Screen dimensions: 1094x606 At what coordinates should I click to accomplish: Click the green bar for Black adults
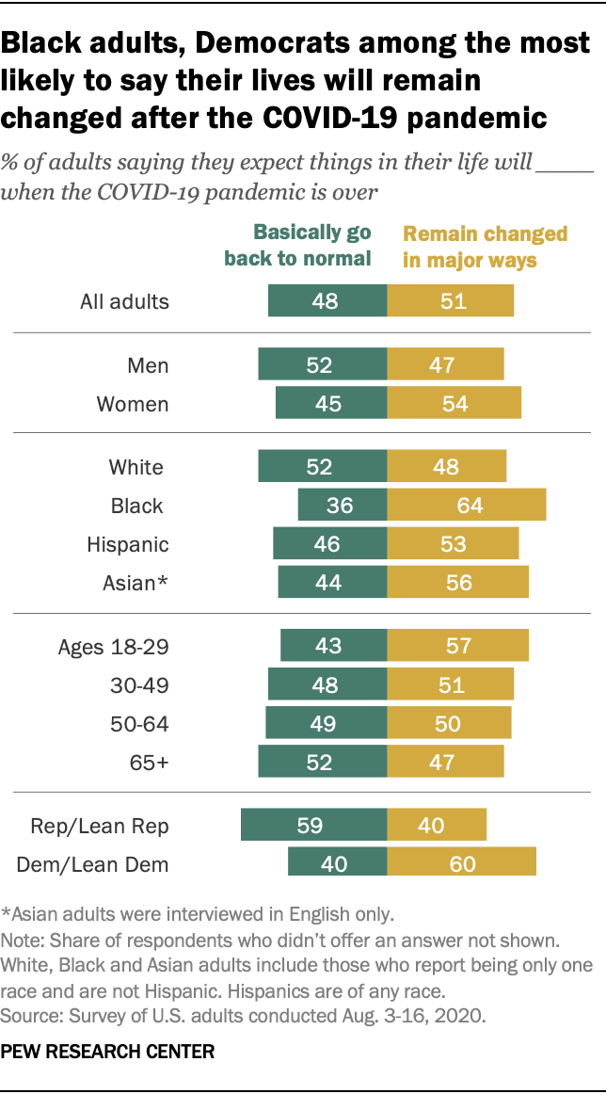[x=343, y=506]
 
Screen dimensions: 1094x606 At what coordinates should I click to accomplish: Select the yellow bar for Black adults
[x=466, y=506]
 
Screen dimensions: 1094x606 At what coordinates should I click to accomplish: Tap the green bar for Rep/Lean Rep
[x=313, y=825]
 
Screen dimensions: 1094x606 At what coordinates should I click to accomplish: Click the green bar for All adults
[x=327, y=301]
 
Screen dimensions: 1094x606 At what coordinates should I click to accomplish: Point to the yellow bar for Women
[x=454, y=404]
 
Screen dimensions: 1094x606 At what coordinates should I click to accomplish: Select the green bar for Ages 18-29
[x=333, y=647]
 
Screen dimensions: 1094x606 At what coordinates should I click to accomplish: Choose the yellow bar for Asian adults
[x=457, y=582]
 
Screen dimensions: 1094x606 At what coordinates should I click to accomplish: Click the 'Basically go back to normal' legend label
[x=298, y=246]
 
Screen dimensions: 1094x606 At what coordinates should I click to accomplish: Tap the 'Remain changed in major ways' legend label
[x=485, y=246]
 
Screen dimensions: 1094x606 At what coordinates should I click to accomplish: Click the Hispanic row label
[x=128, y=544]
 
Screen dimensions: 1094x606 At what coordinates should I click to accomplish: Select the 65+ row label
[x=150, y=762]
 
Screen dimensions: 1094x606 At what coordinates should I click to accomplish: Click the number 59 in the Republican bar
[x=311, y=826]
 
